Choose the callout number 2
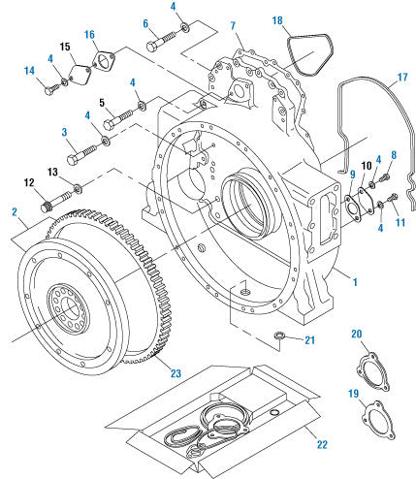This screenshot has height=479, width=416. pyautogui.click(x=15, y=210)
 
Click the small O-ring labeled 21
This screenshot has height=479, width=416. pyautogui.click(x=277, y=336)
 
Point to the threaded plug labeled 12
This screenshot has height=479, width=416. pyautogui.click(x=45, y=207)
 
